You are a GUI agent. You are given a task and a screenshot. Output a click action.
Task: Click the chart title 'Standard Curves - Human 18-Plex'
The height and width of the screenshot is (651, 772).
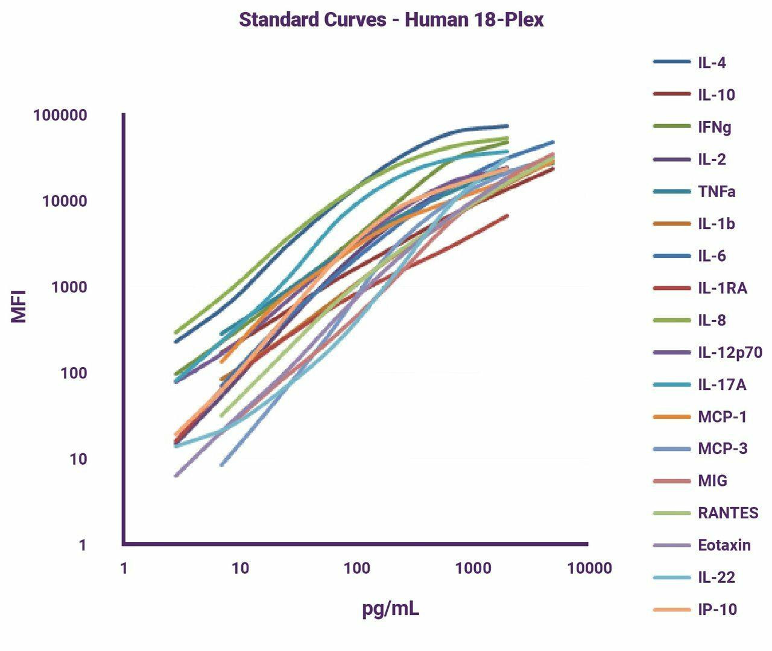[x=391, y=20]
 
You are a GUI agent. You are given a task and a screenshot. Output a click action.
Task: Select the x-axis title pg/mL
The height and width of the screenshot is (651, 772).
[x=391, y=609]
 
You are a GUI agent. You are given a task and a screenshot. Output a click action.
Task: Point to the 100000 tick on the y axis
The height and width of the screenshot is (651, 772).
[x=60, y=115]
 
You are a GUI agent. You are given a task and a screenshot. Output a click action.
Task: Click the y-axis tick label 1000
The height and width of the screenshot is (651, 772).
[x=69, y=288]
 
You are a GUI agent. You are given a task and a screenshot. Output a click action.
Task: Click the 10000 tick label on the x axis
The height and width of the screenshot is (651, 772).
[x=589, y=568]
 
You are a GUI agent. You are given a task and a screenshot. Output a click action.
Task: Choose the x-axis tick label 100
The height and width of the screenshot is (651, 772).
[x=356, y=568]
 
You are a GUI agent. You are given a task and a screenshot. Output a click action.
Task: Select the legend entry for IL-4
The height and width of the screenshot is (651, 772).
[x=712, y=63]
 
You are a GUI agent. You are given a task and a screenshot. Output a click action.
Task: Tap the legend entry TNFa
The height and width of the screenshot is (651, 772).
[x=717, y=192]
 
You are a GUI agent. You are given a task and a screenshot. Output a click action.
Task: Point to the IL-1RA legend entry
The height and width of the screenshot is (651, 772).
[x=723, y=288]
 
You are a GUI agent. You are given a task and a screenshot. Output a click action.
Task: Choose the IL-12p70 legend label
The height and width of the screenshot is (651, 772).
[x=730, y=353]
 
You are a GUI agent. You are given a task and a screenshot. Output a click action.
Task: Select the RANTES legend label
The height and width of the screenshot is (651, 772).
[x=728, y=513]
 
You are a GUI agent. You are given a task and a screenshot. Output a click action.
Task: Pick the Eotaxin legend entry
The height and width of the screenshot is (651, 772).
[x=724, y=546]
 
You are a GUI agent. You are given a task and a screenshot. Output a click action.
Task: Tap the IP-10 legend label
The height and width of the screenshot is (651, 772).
[x=717, y=609]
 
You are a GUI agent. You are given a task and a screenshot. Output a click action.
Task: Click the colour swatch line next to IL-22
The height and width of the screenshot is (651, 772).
[x=672, y=577]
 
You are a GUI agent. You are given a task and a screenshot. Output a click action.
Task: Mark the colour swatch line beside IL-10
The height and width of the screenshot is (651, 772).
[x=672, y=95]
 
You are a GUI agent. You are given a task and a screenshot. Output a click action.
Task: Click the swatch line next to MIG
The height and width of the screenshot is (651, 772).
[x=672, y=481]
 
